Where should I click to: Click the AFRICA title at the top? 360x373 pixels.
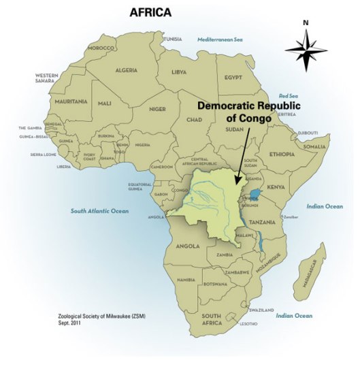(150, 13)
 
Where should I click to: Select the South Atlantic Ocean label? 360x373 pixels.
(100, 211)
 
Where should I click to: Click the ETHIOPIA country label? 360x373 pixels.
(282, 155)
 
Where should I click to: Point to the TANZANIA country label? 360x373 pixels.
(262, 222)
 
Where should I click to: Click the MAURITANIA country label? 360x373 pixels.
(71, 101)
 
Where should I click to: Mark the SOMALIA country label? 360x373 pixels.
(315, 147)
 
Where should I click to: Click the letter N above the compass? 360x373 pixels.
(306, 22)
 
